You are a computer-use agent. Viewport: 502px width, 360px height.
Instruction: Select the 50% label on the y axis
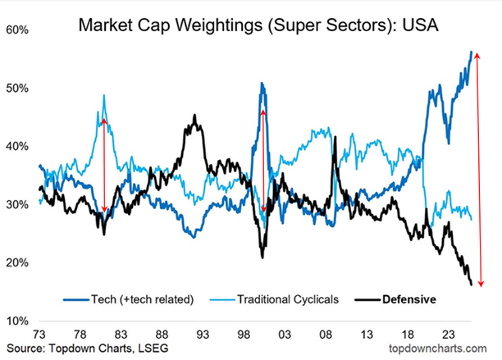pyautogui.click(x=18, y=88)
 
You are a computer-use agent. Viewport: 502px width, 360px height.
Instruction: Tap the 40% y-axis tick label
pyautogui.click(x=18, y=146)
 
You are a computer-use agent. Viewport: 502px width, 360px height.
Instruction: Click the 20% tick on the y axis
pyautogui.click(x=18, y=262)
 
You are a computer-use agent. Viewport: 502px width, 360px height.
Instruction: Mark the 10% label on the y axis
pyautogui.click(x=18, y=321)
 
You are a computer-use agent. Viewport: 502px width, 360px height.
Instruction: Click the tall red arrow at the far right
pyautogui.click(x=479, y=168)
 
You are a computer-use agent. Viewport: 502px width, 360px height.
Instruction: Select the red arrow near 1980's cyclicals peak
pyautogui.click(x=104, y=164)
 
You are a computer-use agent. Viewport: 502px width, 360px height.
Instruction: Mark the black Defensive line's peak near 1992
pyautogui.click(x=194, y=116)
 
